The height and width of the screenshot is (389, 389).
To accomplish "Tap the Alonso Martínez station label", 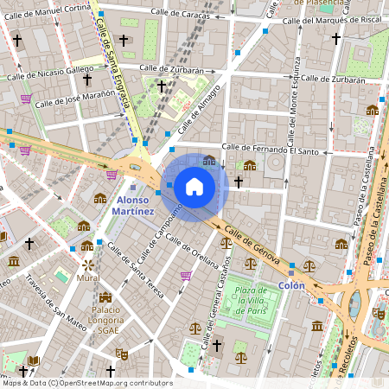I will point(134,205).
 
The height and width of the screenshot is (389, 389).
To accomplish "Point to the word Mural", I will point(87,279).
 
